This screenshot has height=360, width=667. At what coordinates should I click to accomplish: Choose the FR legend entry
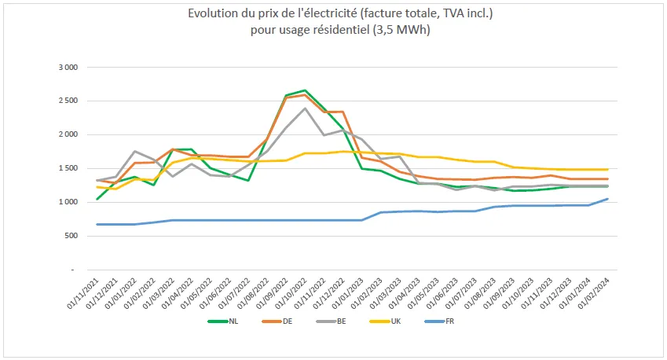tap(448, 321)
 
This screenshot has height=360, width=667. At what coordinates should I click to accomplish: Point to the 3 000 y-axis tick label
tap(68, 68)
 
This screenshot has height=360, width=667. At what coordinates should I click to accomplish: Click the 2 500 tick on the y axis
tap(68, 101)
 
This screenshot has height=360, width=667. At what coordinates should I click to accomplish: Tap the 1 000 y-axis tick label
tap(68, 203)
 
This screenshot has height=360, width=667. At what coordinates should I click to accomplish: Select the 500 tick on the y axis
tap(71, 237)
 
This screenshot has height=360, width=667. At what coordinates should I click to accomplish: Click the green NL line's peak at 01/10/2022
tap(305, 90)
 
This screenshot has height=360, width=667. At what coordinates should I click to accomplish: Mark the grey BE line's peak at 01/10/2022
tap(305, 108)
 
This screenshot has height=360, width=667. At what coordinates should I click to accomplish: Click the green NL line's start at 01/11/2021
tap(97, 199)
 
